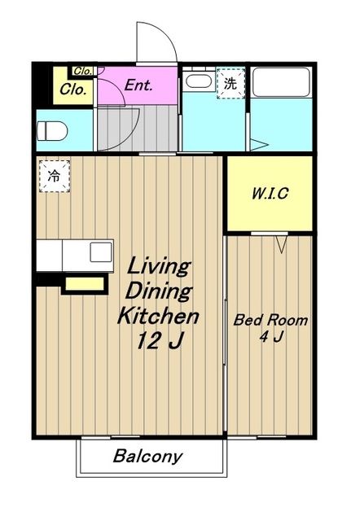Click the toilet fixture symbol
click(52, 131)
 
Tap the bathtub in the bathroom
click(281, 82)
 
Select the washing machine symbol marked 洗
click(230, 83)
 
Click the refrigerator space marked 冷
click(55, 176)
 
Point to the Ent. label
click(138, 85)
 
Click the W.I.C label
click(270, 194)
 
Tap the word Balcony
click(148, 456)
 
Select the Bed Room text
click(270, 320)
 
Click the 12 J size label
click(160, 340)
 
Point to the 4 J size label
click(271, 337)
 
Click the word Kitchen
click(158, 316)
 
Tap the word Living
click(159, 266)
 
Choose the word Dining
click(159, 291)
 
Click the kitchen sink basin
click(101, 252)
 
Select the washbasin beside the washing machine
click(199, 81)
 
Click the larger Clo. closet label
click(73, 89)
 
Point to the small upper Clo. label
click(82, 71)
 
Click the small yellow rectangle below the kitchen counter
click(85, 284)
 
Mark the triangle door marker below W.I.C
click(282, 244)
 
